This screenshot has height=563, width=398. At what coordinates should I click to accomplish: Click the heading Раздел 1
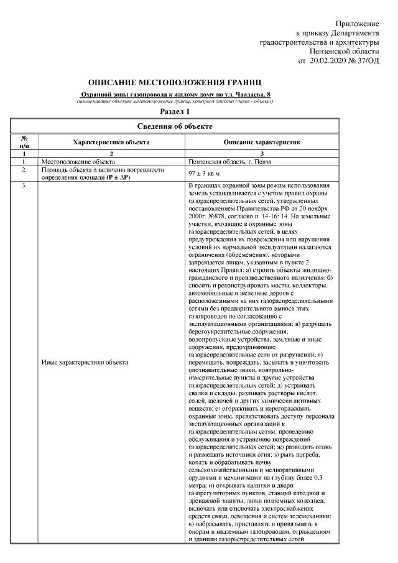(x=175, y=112)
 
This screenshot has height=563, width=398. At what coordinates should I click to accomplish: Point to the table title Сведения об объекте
(x=175, y=126)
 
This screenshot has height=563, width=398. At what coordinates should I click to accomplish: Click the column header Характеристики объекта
(x=111, y=142)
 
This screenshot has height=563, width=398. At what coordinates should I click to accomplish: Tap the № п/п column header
(x=24, y=142)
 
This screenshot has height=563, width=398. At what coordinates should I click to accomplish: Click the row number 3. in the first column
(x=24, y=186)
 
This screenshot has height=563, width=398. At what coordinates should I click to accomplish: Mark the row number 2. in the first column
(x=24, y=169)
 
